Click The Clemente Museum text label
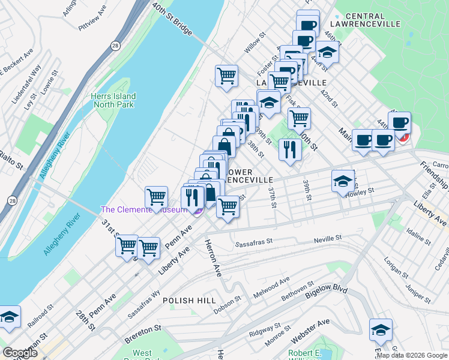pyautogui.click(x=144, y=209)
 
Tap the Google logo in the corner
pyautogui.click(x=20, y=353)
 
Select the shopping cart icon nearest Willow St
pyautogui.click(x=226, y=76)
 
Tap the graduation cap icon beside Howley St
pyautogui.click(x=343, y=181)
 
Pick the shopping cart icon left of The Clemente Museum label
pyautogui.click(x=156, y=197)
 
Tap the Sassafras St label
pyautogui.click(x=255, y=244)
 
